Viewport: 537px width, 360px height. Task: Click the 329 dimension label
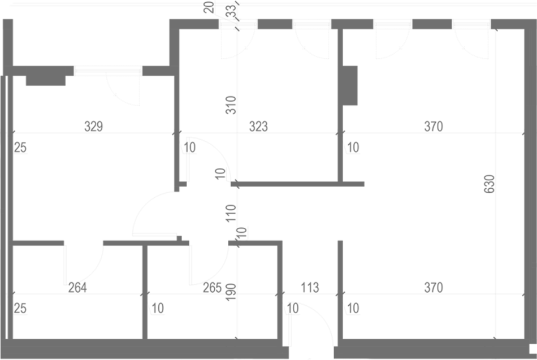pyautogui.click(x=93, y=127)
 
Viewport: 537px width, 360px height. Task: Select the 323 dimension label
pyautogui.click(x=258, y=127)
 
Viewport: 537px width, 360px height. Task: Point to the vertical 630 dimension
pyautogui.click(x=490, y=184)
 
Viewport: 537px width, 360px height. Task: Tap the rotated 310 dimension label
pyautogui.click(x=231, y=105)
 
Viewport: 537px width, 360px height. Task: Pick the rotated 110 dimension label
pyautogui.click(x=231, y=213)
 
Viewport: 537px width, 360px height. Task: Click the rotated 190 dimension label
pyautogui.click(x=231, y=292)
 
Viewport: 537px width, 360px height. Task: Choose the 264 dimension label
pyautogui.click(x=77, y=288)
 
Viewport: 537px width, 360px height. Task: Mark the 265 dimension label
pyautogui.click(x=212, y=288)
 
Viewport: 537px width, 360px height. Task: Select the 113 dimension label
pyautogui.click(x=310, y=288)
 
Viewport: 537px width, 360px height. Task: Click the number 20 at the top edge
pyautogui.click(x=209, y=7)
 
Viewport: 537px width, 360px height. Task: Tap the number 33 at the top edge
pyautogui.click(x=232, y=11)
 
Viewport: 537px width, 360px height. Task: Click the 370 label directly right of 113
pyautogui.click(x=434, y=288)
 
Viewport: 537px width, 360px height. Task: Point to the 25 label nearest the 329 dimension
pyautogui.click(x=20, y=148)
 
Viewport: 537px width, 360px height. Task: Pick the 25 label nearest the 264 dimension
pyautogui.click(x=20, y=308)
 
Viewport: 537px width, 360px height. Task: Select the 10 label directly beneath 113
pyautogui.click(x=292, y=308)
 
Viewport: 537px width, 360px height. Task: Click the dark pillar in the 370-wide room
pyautogui.click(x=350, y=86)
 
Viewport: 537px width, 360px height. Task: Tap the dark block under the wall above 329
pyautogui.click(x=46, y=80)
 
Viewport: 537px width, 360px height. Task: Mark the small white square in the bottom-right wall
pyautogui.click(x=533, y=348)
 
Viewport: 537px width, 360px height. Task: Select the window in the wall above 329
pyautogui.click(x=108, y=71)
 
